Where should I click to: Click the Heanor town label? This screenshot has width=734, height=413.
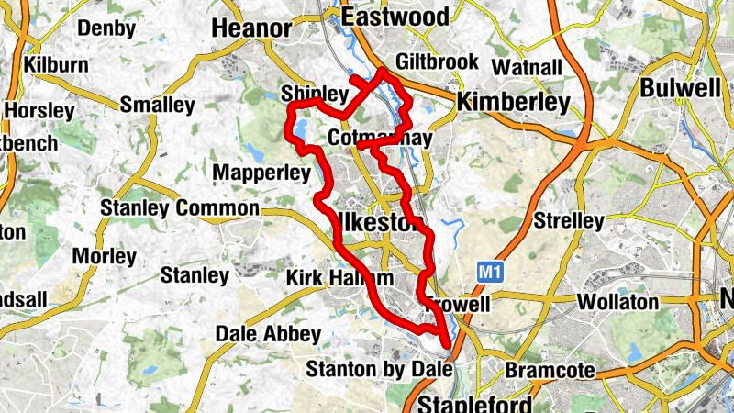click(x=251, y=29)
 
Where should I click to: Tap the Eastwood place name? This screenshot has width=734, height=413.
click(x=395, y=17)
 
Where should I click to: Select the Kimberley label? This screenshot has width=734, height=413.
click(x=513, y=103)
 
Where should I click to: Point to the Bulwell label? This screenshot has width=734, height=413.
click(x=680, y=88)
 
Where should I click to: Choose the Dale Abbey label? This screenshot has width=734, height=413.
click(x=268, y=334)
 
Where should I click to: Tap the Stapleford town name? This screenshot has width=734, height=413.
click(x=474, y=404)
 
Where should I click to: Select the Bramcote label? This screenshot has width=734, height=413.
click(x=550, y=372)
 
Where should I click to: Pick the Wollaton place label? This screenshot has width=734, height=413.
click(x=617, y=302)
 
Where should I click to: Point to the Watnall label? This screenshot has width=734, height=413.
click(x=526, y=67)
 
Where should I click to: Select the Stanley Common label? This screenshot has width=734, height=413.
click(x=180, y=209)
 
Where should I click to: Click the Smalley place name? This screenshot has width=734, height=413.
click(x=157, y=106)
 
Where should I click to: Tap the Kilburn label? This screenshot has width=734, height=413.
click(x=56, y=66)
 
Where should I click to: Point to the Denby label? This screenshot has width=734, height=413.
click(x=106, y=28)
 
